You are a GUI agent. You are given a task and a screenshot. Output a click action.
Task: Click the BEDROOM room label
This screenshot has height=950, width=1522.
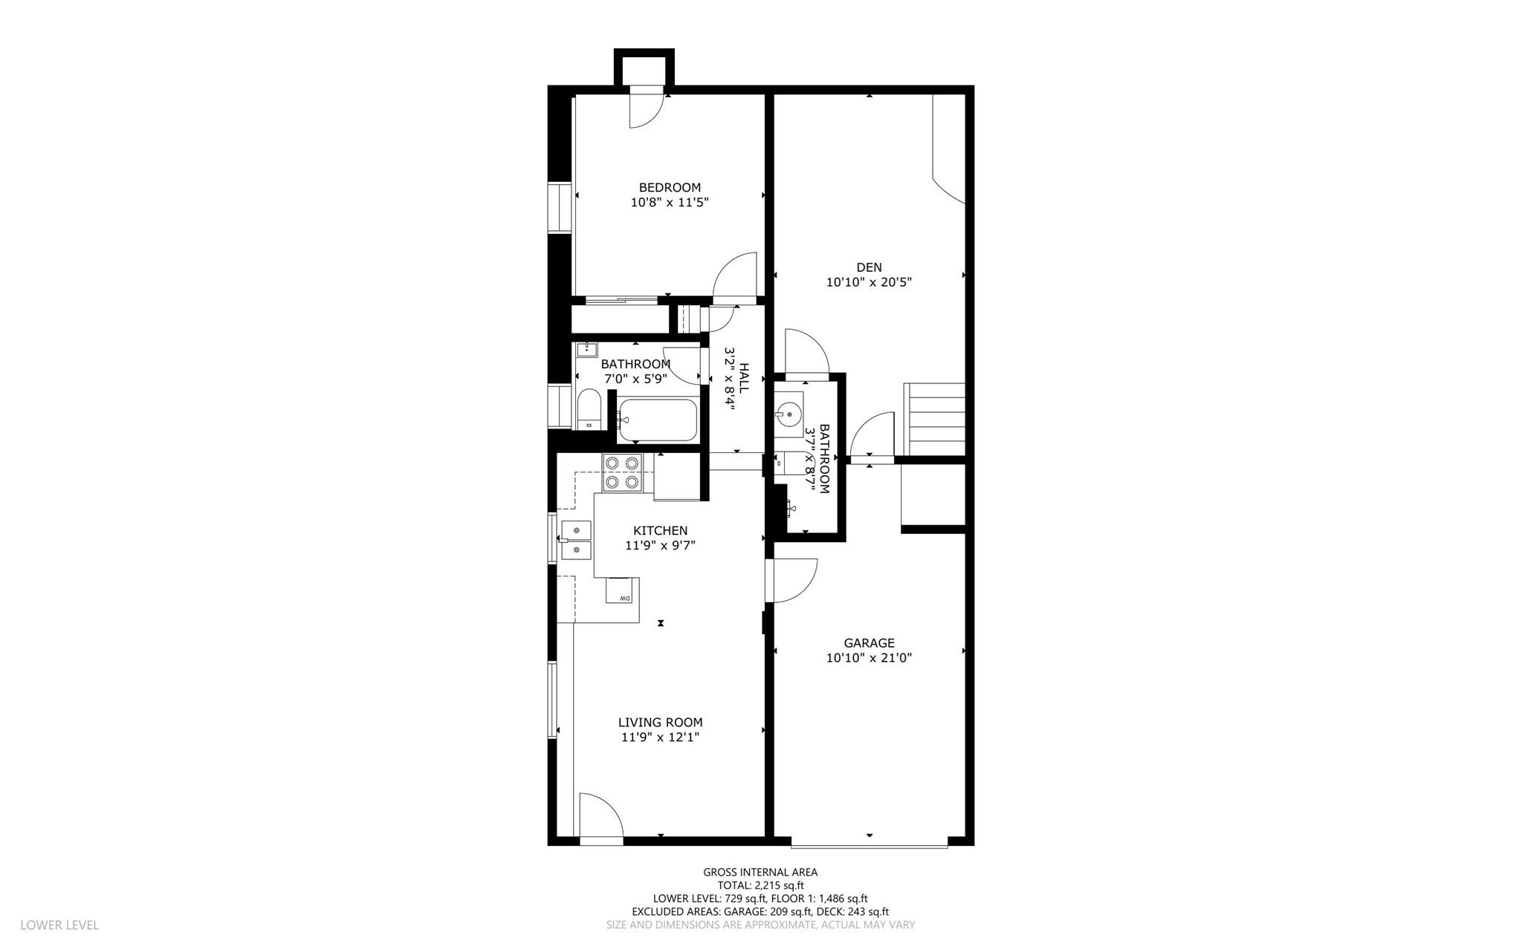click(x=670, y=187)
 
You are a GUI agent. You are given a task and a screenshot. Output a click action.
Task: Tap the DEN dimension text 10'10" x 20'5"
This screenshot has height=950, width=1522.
click(x=869, y=282)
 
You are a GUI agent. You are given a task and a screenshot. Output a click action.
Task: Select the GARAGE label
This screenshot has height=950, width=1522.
click(x=869, y=643)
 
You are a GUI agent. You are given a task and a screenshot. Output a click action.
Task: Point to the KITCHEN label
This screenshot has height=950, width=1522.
click(x=660, y=530)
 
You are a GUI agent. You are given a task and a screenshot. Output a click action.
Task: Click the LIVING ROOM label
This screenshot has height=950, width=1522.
click(x=660, y=722)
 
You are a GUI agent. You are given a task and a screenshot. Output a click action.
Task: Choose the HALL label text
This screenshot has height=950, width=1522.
click(x=743, y=378)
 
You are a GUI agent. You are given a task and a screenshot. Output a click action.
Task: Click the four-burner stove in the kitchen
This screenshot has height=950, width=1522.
click(x=622, y=472)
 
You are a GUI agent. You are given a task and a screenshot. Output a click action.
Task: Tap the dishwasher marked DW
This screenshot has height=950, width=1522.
click(x=623, y=591)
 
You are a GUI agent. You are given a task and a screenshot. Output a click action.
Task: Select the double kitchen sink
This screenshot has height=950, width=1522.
click(x=576, y=540)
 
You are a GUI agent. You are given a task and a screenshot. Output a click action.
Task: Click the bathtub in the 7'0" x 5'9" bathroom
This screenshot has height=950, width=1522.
click(x=658, y=420)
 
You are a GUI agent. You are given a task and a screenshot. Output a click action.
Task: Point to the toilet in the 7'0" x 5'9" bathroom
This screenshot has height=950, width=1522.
click(x=589, y=409)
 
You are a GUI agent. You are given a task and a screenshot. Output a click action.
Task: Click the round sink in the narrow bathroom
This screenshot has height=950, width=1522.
click(x=788, y=412)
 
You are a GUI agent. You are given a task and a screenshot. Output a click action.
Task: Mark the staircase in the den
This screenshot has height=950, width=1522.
click(x=934, y=419)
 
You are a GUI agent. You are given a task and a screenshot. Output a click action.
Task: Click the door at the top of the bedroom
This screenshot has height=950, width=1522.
click(x=647, y=108)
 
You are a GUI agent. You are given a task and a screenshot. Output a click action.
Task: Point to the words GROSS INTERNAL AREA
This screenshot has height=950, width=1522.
click(x=760, y=873)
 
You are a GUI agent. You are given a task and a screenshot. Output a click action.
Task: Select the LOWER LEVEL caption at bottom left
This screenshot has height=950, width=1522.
click(x=59, y=925)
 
